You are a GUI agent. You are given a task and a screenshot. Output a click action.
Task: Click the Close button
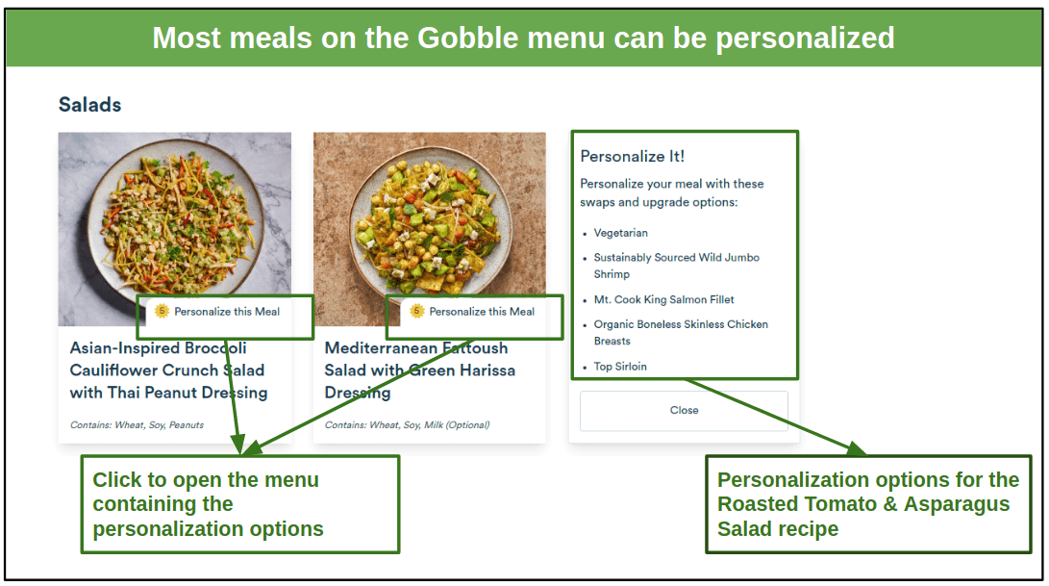684,411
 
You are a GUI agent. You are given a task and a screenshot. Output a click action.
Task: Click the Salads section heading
89,105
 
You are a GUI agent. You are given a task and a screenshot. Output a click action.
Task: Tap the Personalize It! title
633,156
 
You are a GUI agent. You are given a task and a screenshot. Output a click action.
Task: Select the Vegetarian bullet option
621,233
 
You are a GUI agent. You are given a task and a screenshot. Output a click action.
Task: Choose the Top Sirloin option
620,367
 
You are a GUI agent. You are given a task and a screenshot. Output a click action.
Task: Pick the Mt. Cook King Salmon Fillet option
663,299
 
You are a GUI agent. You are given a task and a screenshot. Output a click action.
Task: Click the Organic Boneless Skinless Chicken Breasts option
681,332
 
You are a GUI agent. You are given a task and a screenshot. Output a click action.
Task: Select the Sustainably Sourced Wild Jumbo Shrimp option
676,266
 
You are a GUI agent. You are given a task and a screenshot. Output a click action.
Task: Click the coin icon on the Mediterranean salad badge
416,311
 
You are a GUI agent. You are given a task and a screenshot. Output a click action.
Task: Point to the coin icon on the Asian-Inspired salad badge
162,311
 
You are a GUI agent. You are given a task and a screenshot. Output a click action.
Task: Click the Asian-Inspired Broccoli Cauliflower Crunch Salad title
168,370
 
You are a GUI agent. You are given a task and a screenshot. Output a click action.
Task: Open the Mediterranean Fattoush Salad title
420,370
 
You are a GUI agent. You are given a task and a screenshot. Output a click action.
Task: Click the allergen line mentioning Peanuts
137,424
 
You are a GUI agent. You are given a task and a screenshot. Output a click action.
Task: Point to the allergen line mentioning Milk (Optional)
408,424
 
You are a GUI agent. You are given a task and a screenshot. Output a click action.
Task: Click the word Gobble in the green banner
467,38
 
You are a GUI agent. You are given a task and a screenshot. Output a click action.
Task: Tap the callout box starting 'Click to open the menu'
240,504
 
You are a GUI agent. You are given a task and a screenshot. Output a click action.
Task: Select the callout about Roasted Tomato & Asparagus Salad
868,504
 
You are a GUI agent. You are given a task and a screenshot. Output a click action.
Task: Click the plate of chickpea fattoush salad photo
430,222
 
